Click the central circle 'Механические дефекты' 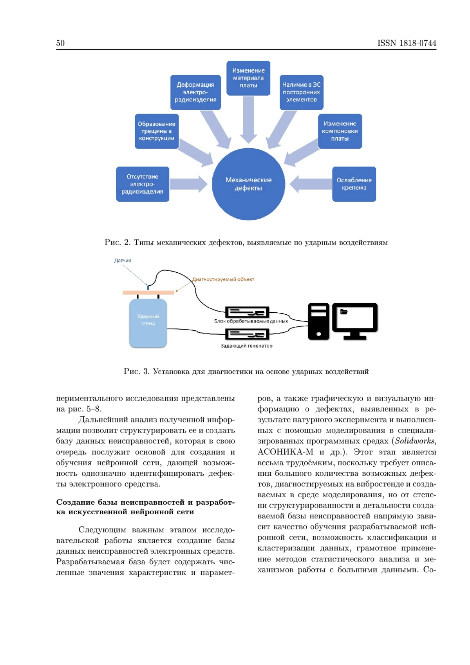248,184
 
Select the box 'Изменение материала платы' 248,78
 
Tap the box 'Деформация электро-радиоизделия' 195,92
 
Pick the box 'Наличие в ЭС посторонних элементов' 301,92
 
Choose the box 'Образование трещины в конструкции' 157,131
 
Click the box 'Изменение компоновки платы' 340,131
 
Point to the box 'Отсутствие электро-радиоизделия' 143,184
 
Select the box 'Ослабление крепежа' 354,184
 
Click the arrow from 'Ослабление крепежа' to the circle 311,184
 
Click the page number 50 60,43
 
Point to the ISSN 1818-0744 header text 407,43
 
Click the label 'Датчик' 123,261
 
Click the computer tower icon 318,321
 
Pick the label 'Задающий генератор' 246,346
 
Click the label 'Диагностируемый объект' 223,279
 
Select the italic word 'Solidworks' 415,441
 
